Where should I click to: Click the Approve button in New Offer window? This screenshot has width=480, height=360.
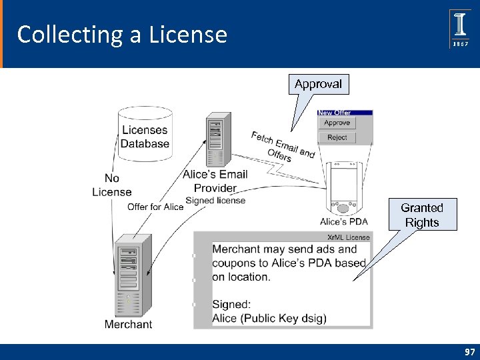(x=337, y=123)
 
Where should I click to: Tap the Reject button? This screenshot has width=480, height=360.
(x=337, y=137)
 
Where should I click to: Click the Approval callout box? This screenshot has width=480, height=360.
(x=318, y=84)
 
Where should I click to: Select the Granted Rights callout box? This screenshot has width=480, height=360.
(x=422, y=215)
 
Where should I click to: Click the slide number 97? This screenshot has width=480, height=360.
(x=470, y=351)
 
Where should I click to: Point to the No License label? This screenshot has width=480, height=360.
(x=112, y=185)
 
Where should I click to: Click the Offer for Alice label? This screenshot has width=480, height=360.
(x=155, y=207)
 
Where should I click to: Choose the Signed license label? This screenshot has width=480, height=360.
(x=215, y=201)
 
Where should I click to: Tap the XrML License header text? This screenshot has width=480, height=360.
(x=348, y=237)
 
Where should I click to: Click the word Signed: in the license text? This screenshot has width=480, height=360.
(x=231, y=304)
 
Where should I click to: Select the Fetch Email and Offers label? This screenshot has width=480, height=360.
(x=282, y=146)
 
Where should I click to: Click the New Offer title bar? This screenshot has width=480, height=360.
(x=344, y=113)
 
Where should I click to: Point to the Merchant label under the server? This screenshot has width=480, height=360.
(x=128, y=325)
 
